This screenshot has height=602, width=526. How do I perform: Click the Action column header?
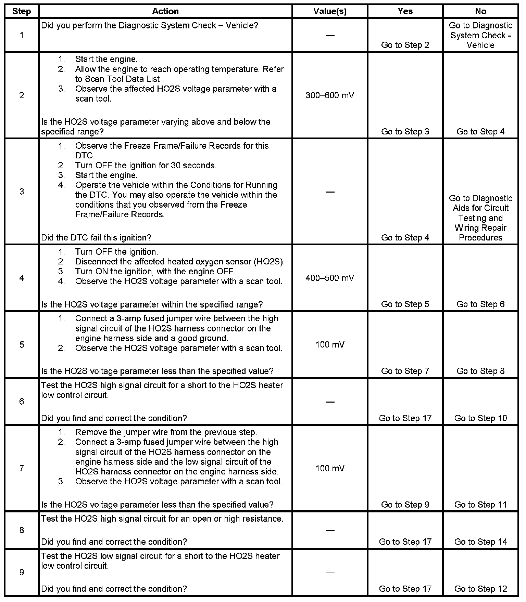tap(165, 11)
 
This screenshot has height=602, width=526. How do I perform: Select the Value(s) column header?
tap(330, 11)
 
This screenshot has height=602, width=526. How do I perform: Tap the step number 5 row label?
tap(22, 344)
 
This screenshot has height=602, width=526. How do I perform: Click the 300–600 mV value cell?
tap(330, 95)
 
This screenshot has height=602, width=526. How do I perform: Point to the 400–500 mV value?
tap(330, 278)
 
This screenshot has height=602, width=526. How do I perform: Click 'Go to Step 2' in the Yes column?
tap(405, 45)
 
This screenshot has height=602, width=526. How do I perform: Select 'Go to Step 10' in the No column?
tap(480, 418)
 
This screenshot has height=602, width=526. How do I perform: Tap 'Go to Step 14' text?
tap(480, 542)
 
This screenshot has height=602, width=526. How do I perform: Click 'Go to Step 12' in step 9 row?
tap(480, 589)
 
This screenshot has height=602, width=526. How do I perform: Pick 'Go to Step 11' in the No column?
tap(480, 505)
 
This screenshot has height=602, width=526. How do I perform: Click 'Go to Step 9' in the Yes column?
tap(405, 505)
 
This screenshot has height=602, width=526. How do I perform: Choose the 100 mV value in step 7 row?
tap(330, 468)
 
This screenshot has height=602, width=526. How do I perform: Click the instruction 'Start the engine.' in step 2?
tap(106, 59)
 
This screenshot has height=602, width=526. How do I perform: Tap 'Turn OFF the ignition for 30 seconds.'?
tap(146, 166)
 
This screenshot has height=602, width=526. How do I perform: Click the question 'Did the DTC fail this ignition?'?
tap(96, 238)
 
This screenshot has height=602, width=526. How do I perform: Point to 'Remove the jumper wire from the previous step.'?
tap(166, 432)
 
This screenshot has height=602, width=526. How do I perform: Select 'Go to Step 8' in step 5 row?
tap(480, 371)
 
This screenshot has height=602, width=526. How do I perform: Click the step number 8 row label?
tap(22, 530)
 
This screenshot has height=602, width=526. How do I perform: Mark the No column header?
tap(480, 11)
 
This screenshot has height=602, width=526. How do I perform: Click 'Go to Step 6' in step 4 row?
tap(480, 304)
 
